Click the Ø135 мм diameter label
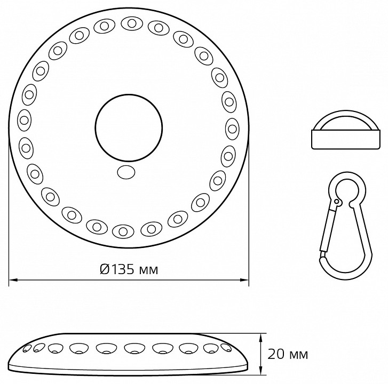(x=129, y=269)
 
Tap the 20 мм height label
(x=288, y=355)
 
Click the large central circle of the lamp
(x=129, y=127)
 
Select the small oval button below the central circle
(x=126, y=172)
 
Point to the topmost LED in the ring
(x=132, y=23)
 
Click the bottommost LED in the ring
(x=123, y=231)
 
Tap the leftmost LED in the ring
(x=24, y=120)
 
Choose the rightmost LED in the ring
(x=232, y=129)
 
